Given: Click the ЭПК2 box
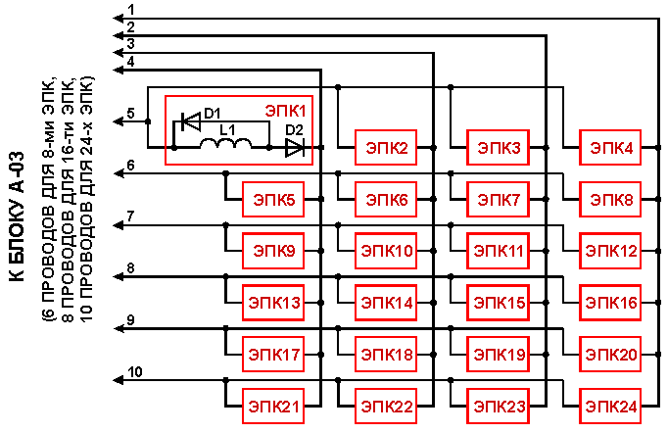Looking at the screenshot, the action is click(386, 148).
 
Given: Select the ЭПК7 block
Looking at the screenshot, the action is click(498, 199).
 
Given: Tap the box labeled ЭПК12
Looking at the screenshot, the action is click(610, 251).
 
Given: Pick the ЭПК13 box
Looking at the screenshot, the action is click(273, 303).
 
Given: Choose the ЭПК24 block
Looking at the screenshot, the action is click(610, 407).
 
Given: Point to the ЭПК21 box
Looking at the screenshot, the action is click(273, 407).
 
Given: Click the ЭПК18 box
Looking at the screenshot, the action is click(386, 355).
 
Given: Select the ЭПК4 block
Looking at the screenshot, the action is click(610, 148).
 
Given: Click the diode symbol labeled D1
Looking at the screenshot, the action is click(191, 121).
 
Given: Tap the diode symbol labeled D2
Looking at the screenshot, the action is click(295, 148).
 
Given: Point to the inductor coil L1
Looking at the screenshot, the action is click(226, 144).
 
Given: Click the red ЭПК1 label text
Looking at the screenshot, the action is click(285, 111).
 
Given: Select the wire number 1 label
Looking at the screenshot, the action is click(131, 10).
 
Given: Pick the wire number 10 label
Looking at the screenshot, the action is click(135, 371).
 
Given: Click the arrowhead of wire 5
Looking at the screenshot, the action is click(118, 121).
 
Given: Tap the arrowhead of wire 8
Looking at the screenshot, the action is click(118, 277).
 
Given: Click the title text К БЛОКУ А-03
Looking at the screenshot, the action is click(17, 216).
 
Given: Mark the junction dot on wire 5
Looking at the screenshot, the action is click(148, 121).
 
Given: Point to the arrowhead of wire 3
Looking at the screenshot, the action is click(118, 53).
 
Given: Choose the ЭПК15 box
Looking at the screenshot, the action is click(498, 303).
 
